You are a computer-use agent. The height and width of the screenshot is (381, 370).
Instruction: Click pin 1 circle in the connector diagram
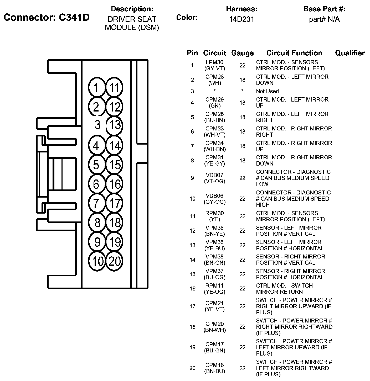[97, 87]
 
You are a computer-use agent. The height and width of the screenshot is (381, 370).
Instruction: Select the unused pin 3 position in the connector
[97, 125]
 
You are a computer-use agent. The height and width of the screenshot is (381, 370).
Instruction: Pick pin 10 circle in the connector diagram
[97, 261]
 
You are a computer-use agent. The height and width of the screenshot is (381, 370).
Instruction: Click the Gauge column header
[242, 53]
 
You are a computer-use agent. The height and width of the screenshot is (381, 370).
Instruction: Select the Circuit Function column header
[294, 53]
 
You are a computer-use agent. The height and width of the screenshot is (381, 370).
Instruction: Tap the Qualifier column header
[350, 53]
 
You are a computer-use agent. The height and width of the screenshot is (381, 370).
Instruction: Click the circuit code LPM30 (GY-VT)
[215, 65]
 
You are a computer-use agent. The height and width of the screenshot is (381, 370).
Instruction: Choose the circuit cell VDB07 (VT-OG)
[215, 178]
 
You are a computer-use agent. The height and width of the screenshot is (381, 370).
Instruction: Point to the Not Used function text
[267, 91]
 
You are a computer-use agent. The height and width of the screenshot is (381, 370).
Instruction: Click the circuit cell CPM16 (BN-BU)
[215, 368]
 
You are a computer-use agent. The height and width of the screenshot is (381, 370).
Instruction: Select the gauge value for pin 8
[242, 161]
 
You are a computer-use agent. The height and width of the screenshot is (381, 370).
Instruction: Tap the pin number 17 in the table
[192, 306]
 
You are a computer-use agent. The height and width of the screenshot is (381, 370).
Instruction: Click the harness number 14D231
[241, 19]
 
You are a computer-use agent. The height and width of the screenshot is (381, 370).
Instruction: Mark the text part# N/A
[324, 19]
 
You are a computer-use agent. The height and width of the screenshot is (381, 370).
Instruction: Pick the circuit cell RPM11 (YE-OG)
[215, 289]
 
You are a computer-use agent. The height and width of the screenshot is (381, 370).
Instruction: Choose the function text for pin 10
[293, 199]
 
